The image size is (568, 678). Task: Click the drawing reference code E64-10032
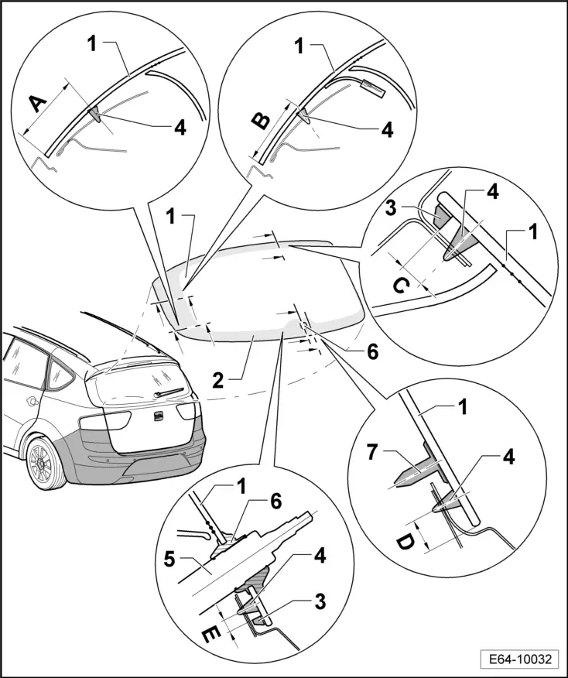click(518, 659)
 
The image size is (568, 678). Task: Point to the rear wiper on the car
click(173, 393)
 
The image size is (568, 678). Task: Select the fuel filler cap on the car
click(32, 401)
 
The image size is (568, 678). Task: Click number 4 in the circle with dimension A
click(180, 128)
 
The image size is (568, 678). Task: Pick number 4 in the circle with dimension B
click(385, 130)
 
